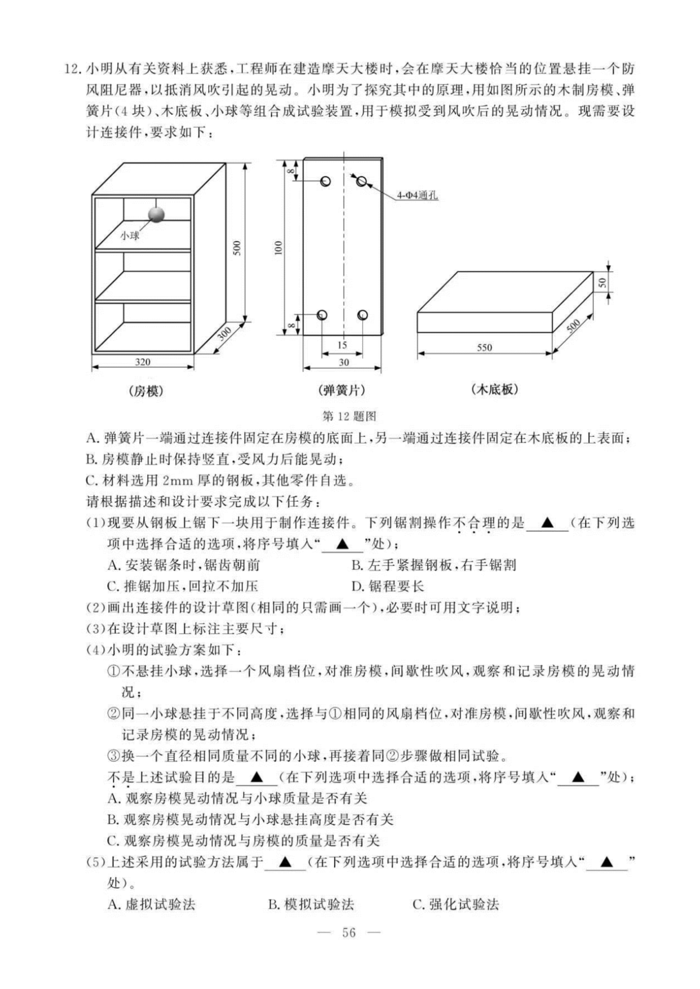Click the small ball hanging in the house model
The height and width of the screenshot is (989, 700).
156,215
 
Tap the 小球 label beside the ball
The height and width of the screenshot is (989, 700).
129,235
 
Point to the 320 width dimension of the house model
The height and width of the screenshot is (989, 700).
142,361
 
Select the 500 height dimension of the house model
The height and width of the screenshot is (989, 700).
237,248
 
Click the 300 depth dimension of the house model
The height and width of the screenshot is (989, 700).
224,334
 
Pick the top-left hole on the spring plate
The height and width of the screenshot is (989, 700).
325,181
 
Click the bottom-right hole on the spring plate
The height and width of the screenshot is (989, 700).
363,315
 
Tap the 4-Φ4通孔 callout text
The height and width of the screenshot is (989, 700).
417,196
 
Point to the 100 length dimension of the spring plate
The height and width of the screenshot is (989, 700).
279,248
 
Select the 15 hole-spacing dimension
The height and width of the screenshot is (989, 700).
342,345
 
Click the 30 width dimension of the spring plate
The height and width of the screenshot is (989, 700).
343,362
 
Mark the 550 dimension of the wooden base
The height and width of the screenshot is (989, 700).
485,347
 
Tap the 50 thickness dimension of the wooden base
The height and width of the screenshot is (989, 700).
602,282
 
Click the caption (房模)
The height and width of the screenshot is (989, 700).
146,390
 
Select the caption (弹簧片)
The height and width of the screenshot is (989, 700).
341,390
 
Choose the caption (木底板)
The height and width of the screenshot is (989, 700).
494,389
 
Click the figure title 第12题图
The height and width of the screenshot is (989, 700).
349,416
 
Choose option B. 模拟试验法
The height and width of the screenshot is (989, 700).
311,904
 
